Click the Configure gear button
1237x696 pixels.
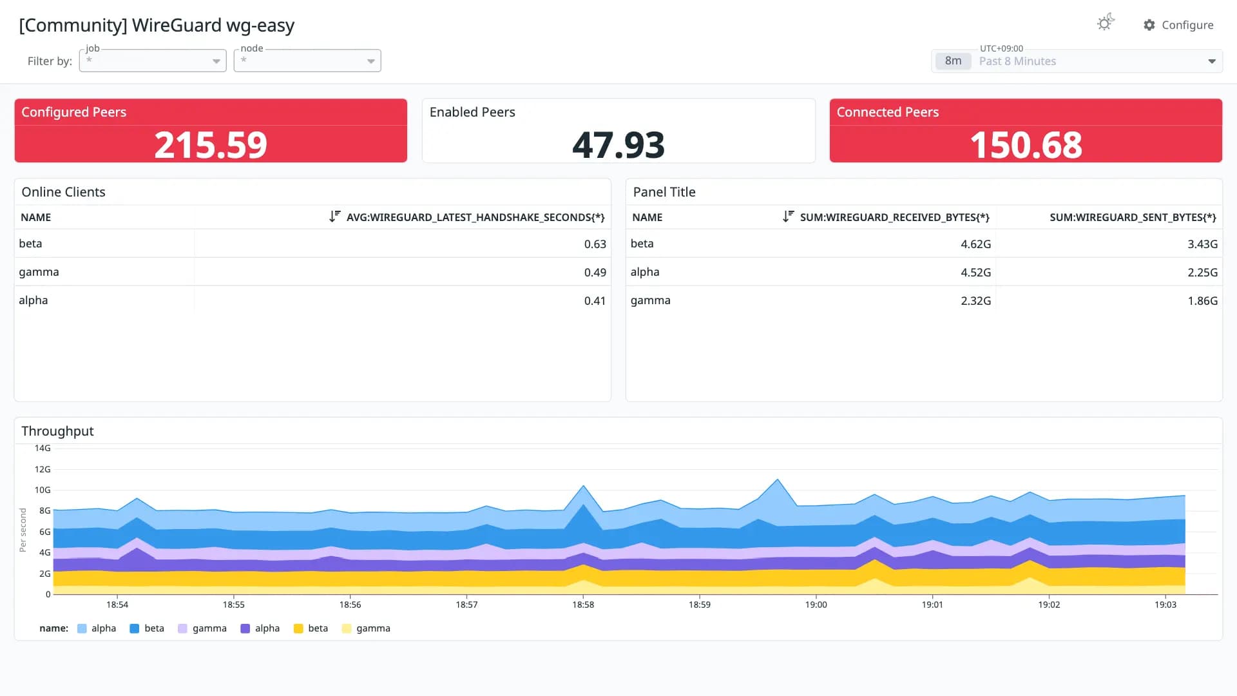click(x=1178, y=25)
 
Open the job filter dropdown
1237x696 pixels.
click(x=153, y=61)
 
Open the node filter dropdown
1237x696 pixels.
click(x=307, y=61)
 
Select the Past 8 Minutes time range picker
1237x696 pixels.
click(x=1077, y=61)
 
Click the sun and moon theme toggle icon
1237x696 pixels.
click(x=1106, y=23)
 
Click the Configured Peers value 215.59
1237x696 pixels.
click(x=211, y=145)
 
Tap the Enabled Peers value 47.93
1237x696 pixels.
click(x=618, y=145)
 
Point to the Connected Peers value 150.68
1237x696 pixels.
click(x=1026, y=145)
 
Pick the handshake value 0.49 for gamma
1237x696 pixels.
click(x=595, y=273)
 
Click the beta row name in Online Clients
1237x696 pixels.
click(x=30, y=244)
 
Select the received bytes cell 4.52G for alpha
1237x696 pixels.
click(x=975, y=273)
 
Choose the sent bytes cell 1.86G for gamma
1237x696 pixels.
click(x=1202, y=301)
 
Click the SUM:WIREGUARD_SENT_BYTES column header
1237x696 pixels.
click(x=1133, y=218)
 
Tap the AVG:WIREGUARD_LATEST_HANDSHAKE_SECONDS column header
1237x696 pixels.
click(x=475, y=218)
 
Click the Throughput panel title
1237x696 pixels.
click(x=57, y=431)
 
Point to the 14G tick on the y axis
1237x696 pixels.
click(x=43, y=448)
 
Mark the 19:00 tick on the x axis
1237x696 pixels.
click(x=816, y=605)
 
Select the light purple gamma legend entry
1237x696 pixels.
click(x=202, y=628)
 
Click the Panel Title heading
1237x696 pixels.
click(x=664, y=192)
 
